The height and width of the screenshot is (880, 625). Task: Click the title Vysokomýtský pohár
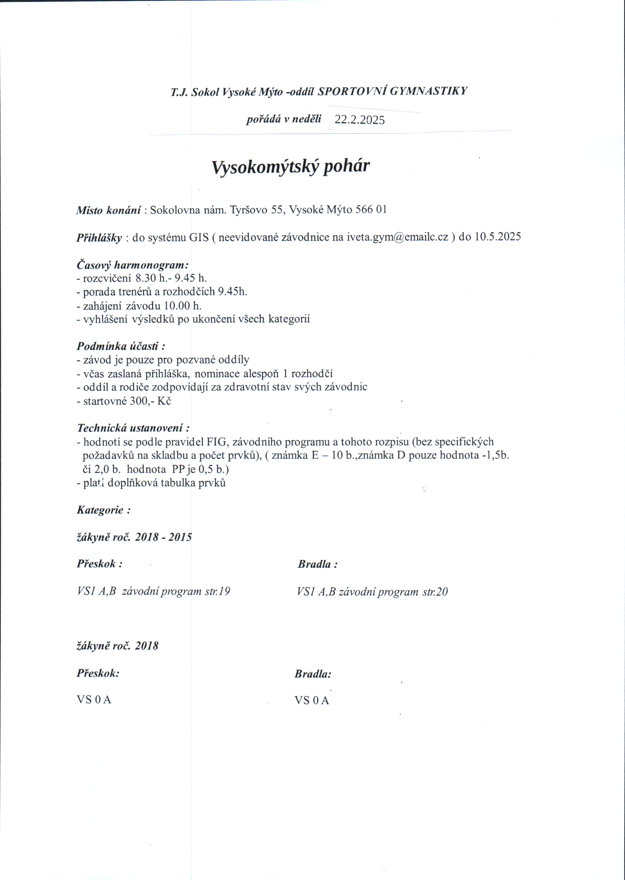pos(291,166)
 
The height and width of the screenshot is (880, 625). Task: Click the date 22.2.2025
pos(360,120)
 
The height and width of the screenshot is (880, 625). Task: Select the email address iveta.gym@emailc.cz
pos(397,236)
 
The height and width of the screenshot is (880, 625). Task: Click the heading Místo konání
pos(108,210)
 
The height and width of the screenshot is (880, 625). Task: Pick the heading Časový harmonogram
pos(132,265)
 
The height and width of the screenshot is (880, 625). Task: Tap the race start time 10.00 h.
pos(183,306)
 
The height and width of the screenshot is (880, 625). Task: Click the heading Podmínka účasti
pos(121,346)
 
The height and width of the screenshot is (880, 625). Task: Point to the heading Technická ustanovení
pos(133,428)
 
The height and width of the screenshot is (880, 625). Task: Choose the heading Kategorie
pos(103,510)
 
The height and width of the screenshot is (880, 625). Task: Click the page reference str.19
pos(217,591)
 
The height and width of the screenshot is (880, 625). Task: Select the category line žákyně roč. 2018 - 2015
pos(134,537)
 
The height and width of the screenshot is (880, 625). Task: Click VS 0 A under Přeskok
pos(94,699)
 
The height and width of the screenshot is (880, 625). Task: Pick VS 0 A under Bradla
pos(312,700)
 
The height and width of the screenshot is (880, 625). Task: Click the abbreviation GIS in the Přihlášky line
pos(199,237)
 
